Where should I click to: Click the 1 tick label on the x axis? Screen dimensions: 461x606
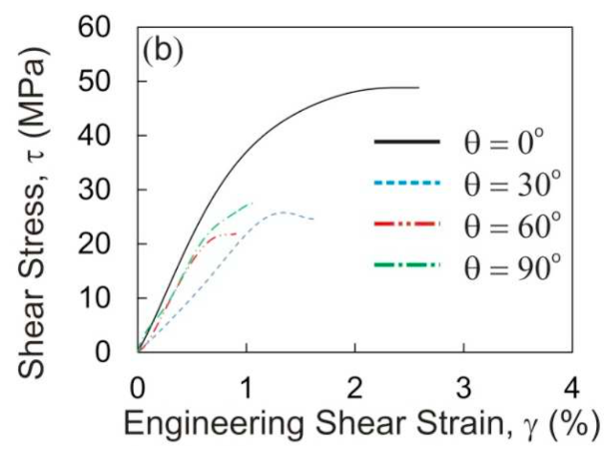pos(247,384)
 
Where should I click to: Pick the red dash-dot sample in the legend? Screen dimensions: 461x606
pos(407,225)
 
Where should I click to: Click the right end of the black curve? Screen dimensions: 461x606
pos(418,88)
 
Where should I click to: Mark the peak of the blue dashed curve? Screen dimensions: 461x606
pos(283,212)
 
